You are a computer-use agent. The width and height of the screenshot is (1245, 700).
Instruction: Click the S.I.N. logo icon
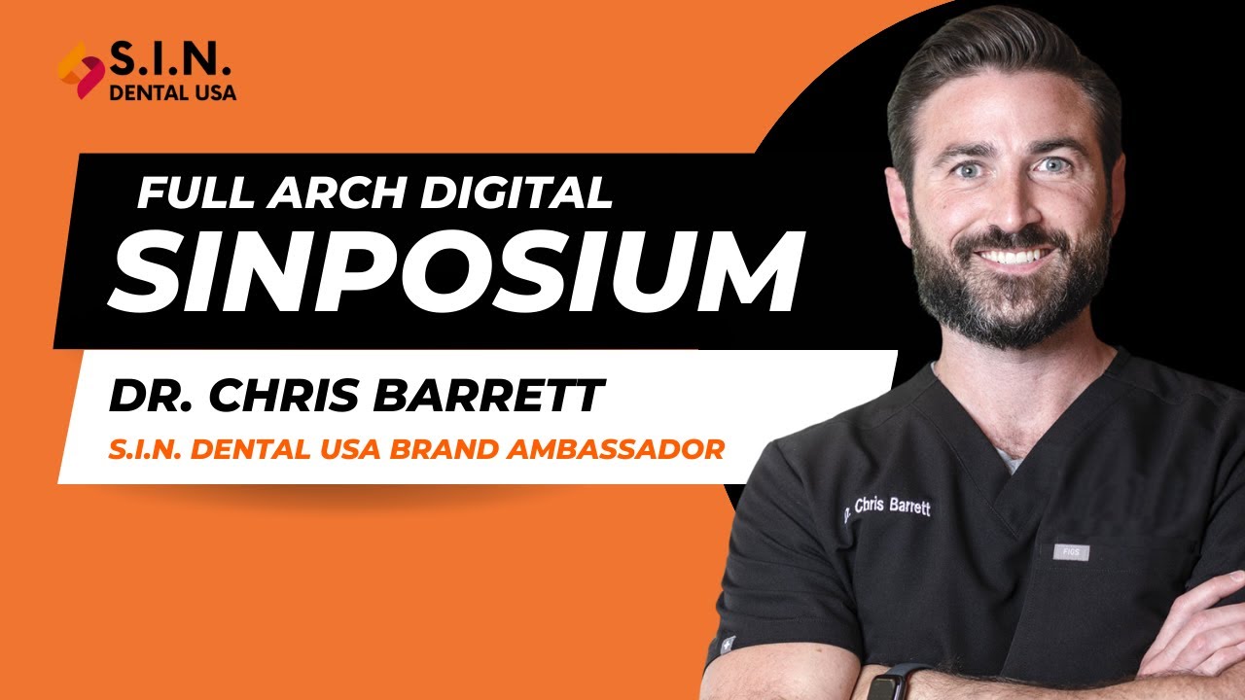pos(81,70)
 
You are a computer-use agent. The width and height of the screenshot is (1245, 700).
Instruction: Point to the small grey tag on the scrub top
pos(1071,552)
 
